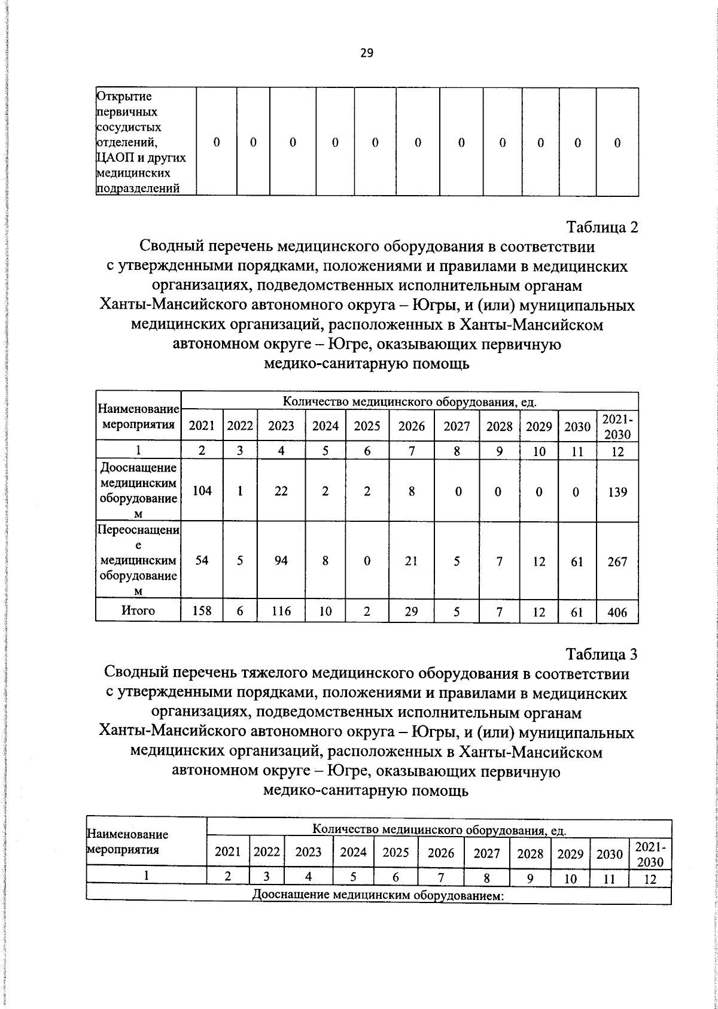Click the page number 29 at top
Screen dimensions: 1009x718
coord(366,53)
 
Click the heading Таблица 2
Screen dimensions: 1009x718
coord(602,227)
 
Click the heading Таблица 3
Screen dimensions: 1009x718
coord(602,655)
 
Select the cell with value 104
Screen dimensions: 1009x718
coord(202,491)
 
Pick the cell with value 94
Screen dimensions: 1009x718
coord(281,561)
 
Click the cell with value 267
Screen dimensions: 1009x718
coord(617,561)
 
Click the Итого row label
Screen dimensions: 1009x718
coord(138,611)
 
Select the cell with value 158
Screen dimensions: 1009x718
coord(202,612)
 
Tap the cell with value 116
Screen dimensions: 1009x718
coord(281,612)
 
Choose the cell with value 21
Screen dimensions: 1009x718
coord(411,561)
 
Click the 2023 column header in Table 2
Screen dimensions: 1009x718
coord(281,426)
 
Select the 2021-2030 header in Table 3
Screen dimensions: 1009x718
coord(650,854)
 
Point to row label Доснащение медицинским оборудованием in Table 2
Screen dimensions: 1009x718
coord(138,491)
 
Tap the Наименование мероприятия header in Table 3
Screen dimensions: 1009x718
coord(128,841)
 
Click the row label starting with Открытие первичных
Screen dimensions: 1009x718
coord(141,142)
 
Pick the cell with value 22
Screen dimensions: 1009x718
coord(281,491)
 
